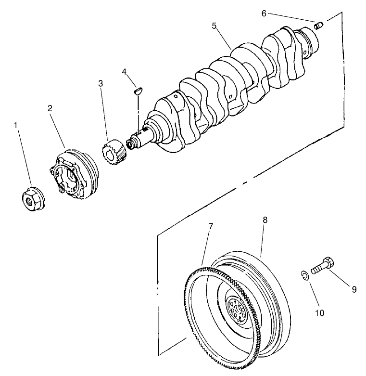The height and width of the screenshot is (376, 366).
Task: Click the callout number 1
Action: pyautogui.click(x=16, y=126)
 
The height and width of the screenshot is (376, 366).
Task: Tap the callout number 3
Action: pyautogui.click(x=101, y=83)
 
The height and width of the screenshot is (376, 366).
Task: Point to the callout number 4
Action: pyautogui.click(x=124, y=72)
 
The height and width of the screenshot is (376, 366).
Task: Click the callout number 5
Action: pyautogui.click(x=214, y=26)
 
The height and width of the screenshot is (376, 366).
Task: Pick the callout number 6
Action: pyautogui.click(x=264, y=13)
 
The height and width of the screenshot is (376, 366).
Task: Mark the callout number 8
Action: pyautogui.click(x=265, y=220)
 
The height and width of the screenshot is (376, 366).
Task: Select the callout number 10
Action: pyautogui.click(x=319, y=313)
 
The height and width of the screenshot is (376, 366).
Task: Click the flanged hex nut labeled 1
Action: pyautogui.click(x=32, y=197)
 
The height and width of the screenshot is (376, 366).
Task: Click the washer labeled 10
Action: pyautogui.click(x=304, y=275)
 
